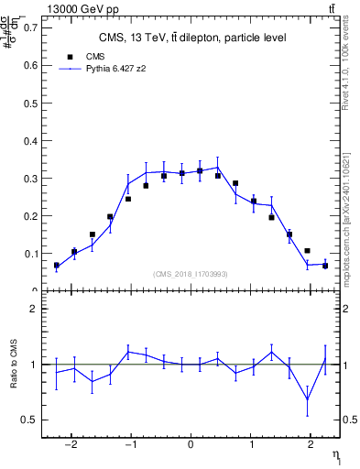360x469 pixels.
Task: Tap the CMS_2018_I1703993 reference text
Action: coord(191,274)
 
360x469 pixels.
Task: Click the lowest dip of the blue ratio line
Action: coord(307,399)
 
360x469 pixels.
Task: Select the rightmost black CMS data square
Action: coord(325,266)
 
